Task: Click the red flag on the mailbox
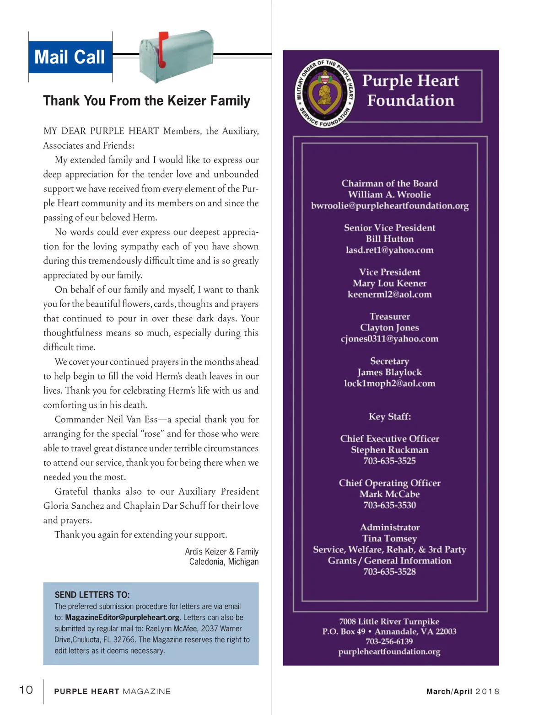click(x=162, y=48)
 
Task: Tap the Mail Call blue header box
click(x=70, y=57)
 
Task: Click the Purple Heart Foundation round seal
click(x=324, y=93)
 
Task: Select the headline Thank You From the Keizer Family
click(x=146, y=101)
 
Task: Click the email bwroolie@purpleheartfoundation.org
click(x=390, y=206)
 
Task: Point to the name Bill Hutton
click(x=390, y=239)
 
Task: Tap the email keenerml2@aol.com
click(x=390, y=294)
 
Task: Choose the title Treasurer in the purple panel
click(x=390, y=316)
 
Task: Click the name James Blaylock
click(x=390, y=372)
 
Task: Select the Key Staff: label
click(x=390, y=416)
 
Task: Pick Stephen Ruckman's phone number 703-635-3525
click(x=390, y=461)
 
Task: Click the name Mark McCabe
click(x=390, y=494)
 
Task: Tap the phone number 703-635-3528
click(x=390, y=571)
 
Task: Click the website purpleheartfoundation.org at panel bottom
click(x=389, y=651)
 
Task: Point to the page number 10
click(x=26, y=690)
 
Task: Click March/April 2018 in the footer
click(x=463, y=691)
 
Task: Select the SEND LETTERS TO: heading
click(x=92, y=595)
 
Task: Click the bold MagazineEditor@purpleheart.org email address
click(x=122, y=618)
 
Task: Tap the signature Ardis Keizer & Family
click(x=222, y=551)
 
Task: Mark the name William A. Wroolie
click(x=390, y=194)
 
